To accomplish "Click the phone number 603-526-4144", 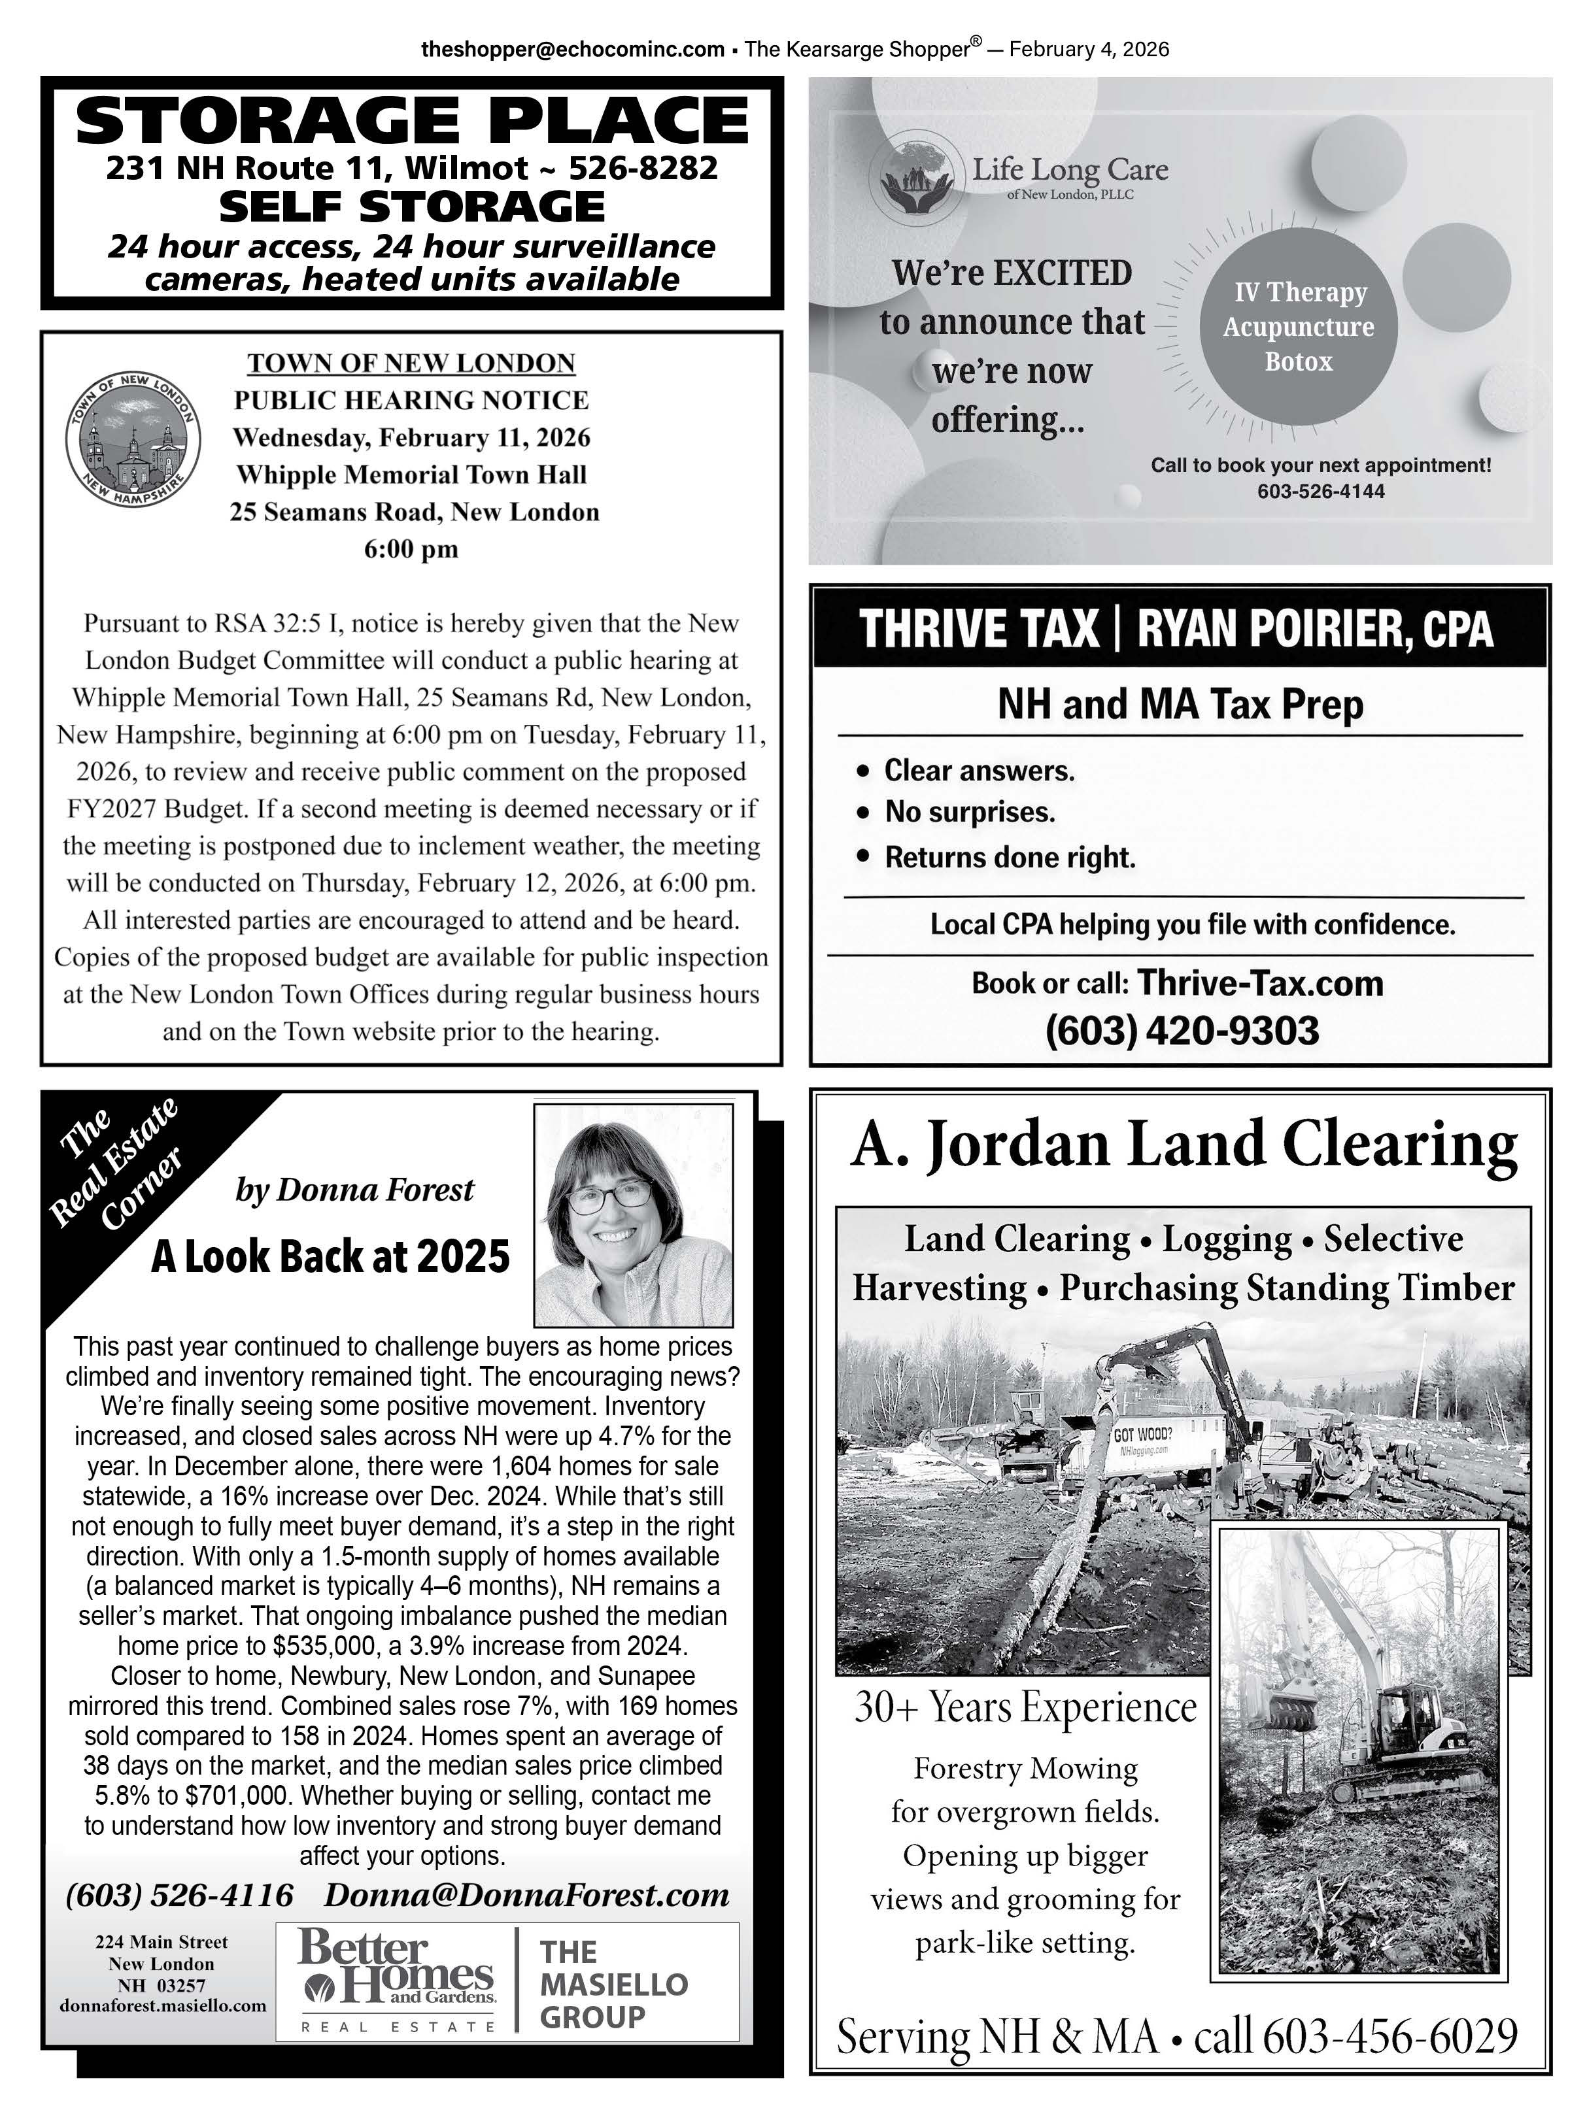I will pyautogui.click(x=1320, y=492).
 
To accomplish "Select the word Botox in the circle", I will pyautogui.click(x=1298, y=362).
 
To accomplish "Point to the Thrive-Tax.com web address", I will pyautogui.click(x=1260, y=982).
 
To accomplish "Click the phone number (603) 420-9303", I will pyautogui.click(x=1182, y=1030).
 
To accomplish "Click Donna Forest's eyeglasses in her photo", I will pyautogui.click(x=610, y=1194).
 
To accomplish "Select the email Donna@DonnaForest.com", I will pyautogui.click(x=526, y=1894).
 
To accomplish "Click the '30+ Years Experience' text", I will pyautogui.click(x=1025, y=1707).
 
